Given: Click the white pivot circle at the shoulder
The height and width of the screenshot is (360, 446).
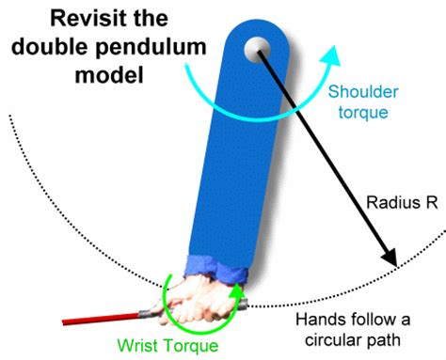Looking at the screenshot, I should [x=255, y=48].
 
